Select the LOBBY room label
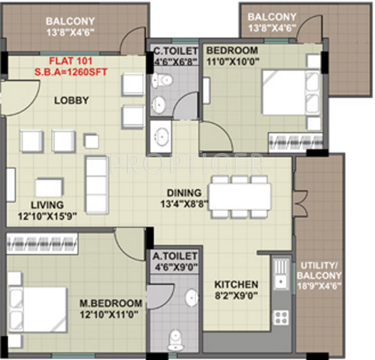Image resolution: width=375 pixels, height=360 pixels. click(x=71, y=100)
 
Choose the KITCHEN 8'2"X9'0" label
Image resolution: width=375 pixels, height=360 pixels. click(x=236, y=290)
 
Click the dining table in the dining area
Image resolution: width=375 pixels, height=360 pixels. click(x=240, y=196)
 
